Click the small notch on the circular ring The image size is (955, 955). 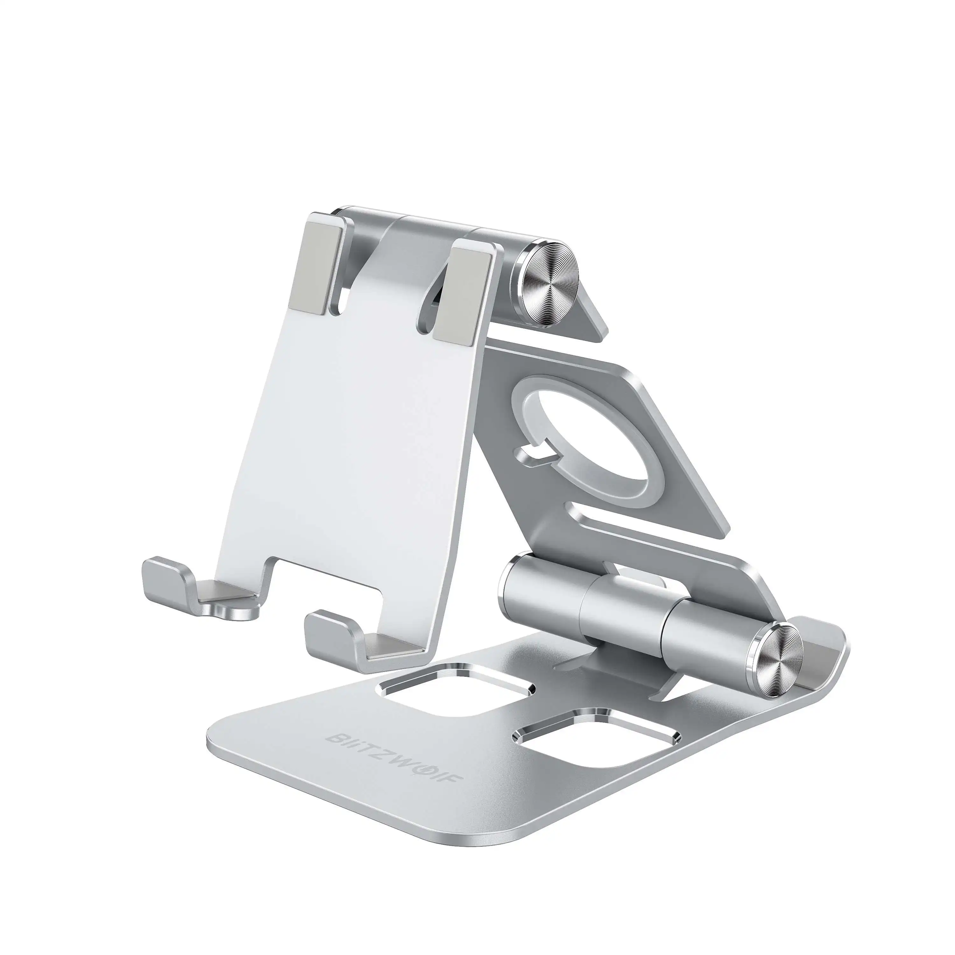click(532, 451)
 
